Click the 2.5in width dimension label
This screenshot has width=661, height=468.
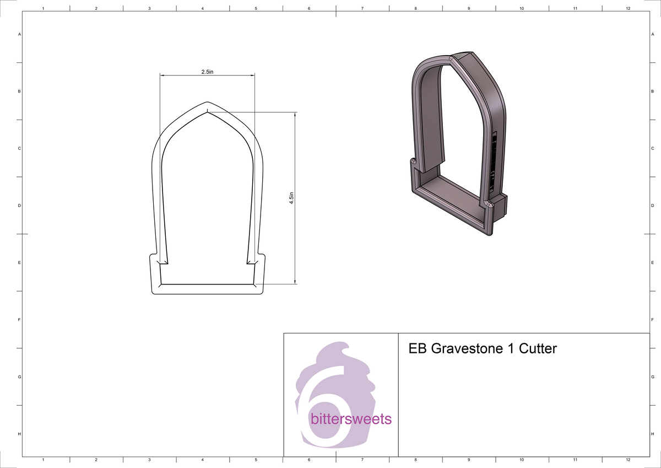pos(207,72)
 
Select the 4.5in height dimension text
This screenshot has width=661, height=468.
pos(292,198)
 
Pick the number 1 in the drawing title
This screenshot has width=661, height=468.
pos(507,348)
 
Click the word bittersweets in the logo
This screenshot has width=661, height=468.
pos(351,419)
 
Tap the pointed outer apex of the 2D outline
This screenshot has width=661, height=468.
pos(207,102)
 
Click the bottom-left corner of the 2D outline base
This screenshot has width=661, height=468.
pos(154,292)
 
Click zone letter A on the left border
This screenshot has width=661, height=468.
pos(20,34)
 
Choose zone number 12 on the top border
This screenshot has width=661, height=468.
pos(628,8)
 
